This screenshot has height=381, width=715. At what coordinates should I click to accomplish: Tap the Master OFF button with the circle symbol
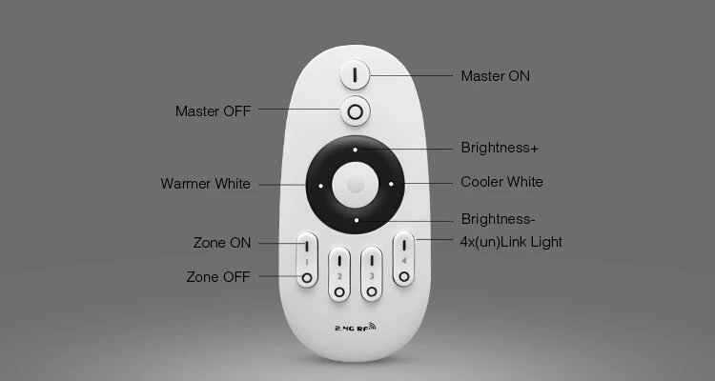355,110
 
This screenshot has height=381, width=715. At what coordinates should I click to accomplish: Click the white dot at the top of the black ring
355,150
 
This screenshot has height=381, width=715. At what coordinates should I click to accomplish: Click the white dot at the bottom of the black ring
357,221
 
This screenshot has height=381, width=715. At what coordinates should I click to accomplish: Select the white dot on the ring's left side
320,186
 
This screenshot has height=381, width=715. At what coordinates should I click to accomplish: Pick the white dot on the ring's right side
391,184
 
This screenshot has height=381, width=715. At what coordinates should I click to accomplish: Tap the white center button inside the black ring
356,185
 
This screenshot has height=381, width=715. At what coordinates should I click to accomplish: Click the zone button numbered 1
307,260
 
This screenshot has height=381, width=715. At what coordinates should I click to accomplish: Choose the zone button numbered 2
339,274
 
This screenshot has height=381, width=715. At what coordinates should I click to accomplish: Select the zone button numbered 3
372,274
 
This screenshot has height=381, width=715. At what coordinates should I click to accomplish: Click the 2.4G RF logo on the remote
356,327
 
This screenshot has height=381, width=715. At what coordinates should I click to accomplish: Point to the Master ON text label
495,76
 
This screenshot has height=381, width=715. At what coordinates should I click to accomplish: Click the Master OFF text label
213,111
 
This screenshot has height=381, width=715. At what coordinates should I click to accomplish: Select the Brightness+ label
500,148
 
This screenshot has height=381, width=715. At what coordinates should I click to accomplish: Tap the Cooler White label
501,182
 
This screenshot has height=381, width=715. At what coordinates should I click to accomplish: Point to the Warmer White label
206,184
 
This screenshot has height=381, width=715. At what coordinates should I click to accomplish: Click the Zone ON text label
222,243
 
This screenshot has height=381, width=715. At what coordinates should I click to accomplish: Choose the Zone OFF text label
218,276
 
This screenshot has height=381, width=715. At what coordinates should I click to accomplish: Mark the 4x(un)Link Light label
511,242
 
